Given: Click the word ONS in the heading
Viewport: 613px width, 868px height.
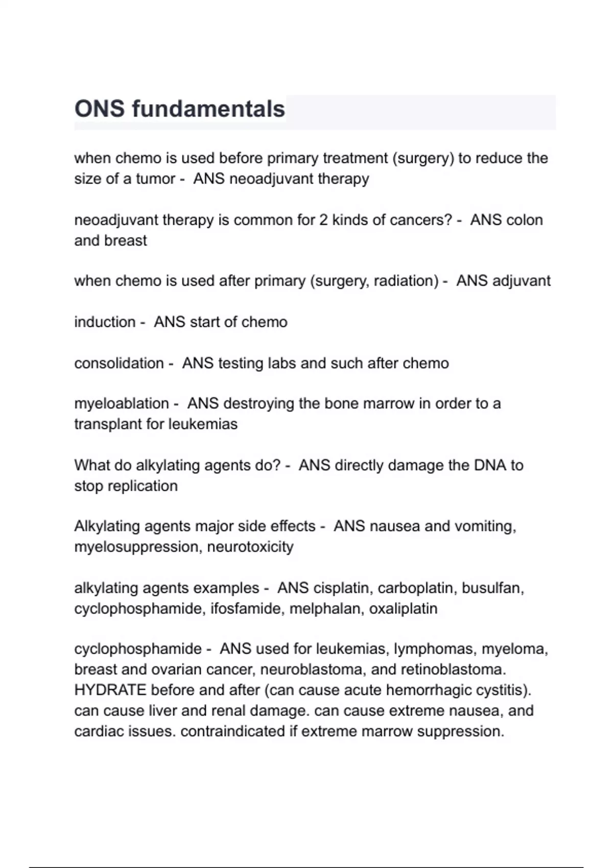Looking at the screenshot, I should tap(99, 109).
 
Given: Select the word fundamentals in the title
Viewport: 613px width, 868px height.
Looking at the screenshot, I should tap(208, 109).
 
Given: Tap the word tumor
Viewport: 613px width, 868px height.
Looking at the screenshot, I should tap(155, 179).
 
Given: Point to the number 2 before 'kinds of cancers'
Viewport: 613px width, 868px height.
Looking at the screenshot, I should tap(323, 220).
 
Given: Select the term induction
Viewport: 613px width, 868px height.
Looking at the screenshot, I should tap(105, 322).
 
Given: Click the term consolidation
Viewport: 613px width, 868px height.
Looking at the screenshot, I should tap(119, 363).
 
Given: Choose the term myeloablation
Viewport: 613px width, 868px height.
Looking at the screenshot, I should tap(121, 403).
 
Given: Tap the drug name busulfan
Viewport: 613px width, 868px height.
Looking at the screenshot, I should tap(492, 588).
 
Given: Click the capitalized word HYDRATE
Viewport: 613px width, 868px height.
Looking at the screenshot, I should tap(110, 690).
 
